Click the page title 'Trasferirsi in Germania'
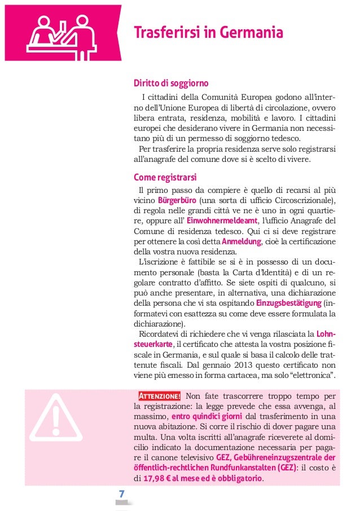click(208, 33)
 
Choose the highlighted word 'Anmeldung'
click(242, 241)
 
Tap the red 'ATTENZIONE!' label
click(160, 394)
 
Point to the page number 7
click(121, 494)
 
